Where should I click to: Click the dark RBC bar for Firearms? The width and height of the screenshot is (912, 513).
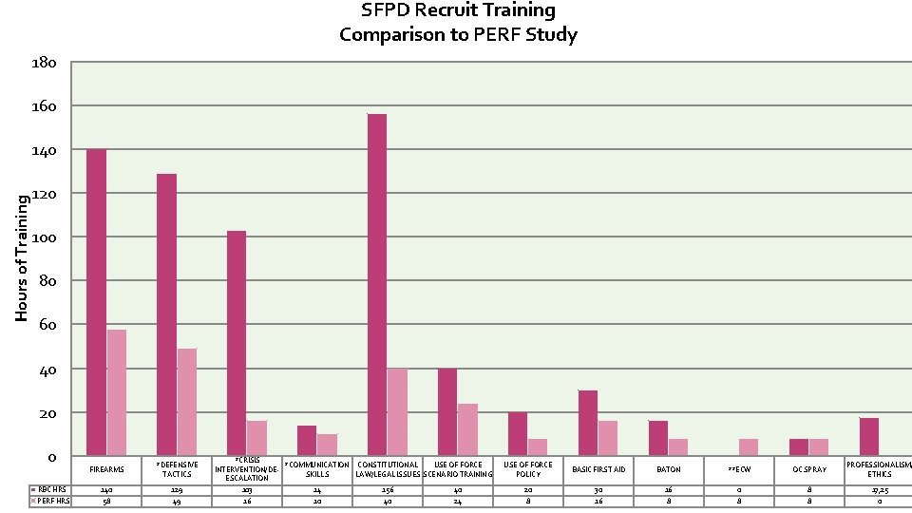pyautogui.click(x=96, y=302)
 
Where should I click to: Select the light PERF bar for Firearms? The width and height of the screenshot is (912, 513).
pyautogui.click(x=117, y=392)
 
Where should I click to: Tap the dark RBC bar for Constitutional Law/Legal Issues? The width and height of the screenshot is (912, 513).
pyautogui.click(x=377, y=285)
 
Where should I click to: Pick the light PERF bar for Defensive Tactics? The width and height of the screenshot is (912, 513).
pyautogui.click(x=187, y=402)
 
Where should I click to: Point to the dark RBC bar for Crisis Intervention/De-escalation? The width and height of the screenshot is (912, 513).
pyautogui.click(x=237, y=343)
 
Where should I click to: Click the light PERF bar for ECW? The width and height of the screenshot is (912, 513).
pyautogui.click(x=750, y=446)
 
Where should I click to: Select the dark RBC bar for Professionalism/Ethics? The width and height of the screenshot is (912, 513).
pyautogui.click(x=869, y=437)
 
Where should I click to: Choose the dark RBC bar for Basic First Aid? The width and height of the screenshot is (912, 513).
pyautogui.click(x=588, y=423)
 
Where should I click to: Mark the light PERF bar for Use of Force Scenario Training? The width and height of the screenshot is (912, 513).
pyautogui.click(x=467, y=429)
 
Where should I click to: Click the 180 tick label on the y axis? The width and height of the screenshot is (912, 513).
pyautogui.click(x=44, y=63)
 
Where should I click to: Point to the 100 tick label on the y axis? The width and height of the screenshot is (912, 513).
pyautogui.click(x=44, y=237)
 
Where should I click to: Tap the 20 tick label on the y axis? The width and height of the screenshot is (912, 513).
pyautogui.click(x=47, y=413)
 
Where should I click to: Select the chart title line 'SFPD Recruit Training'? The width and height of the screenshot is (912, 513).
pyautogui.click(x=459, y=10)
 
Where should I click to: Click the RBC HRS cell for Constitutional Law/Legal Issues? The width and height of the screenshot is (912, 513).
pyautogui.click(x=388, y=489)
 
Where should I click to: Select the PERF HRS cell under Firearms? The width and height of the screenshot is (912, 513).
pyautogui.click(x=106, y=501)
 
